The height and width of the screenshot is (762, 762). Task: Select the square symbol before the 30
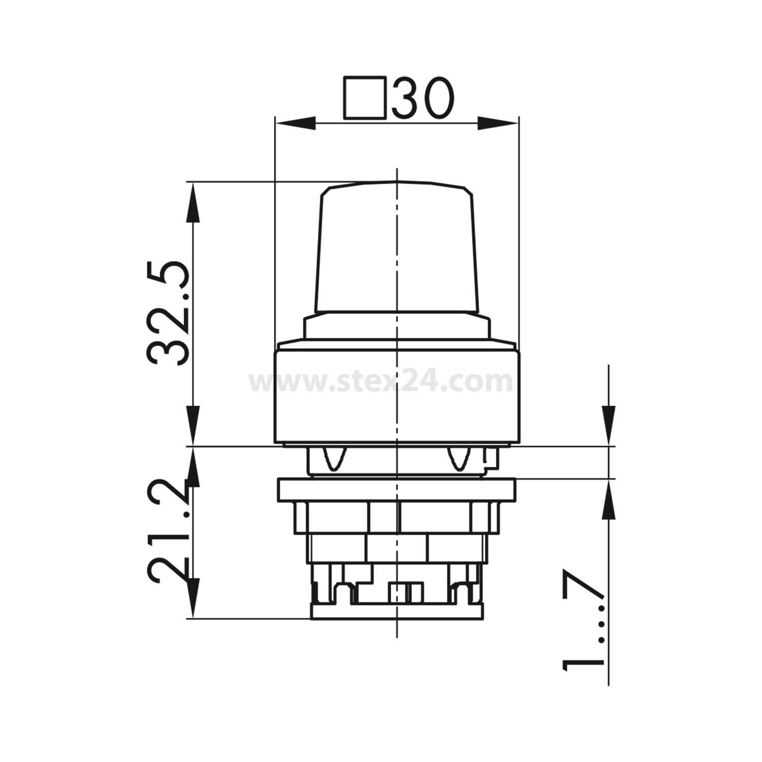click(x=363, y=98)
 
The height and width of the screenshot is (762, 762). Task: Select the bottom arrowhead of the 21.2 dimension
click(x=193, y=599)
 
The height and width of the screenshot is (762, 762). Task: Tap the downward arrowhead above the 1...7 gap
click(x=609, y=427)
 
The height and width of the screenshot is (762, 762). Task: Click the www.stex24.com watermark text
click(x=381, y=381)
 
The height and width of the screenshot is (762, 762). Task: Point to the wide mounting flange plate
click(x=396, y=490)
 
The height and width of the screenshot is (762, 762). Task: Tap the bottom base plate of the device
click(x=396, y=612)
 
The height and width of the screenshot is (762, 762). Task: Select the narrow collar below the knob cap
click(x=396, y=327)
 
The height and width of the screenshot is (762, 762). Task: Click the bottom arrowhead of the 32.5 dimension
click(x=193, y=427)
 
